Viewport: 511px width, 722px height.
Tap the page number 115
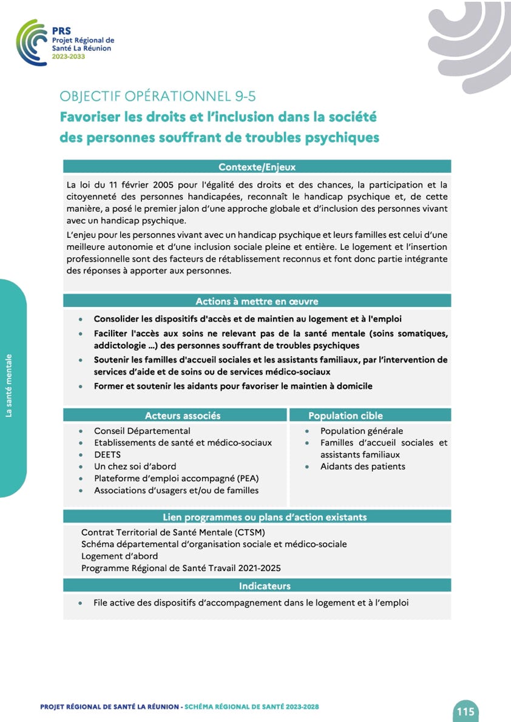[x=465, y=711]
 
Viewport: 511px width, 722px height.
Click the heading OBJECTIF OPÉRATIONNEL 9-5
[x=162, y=96]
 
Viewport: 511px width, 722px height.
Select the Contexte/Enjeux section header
[x=257, y=167]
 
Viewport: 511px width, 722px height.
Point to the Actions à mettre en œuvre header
[x=257, y=301]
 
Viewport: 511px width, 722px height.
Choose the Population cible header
[x=345, y=416]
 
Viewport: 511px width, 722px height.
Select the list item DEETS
[x=107, y=454]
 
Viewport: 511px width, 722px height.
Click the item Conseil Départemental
[x=142, y=431]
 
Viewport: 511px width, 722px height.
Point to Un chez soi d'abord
[x=135, y=467]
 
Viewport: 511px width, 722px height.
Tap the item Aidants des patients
[x=362, y=467]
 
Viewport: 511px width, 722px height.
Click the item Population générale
[x=362, y=431]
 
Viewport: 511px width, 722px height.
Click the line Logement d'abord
[x=120, y=556]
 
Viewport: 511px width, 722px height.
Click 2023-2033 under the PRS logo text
[x=69, y=56]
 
